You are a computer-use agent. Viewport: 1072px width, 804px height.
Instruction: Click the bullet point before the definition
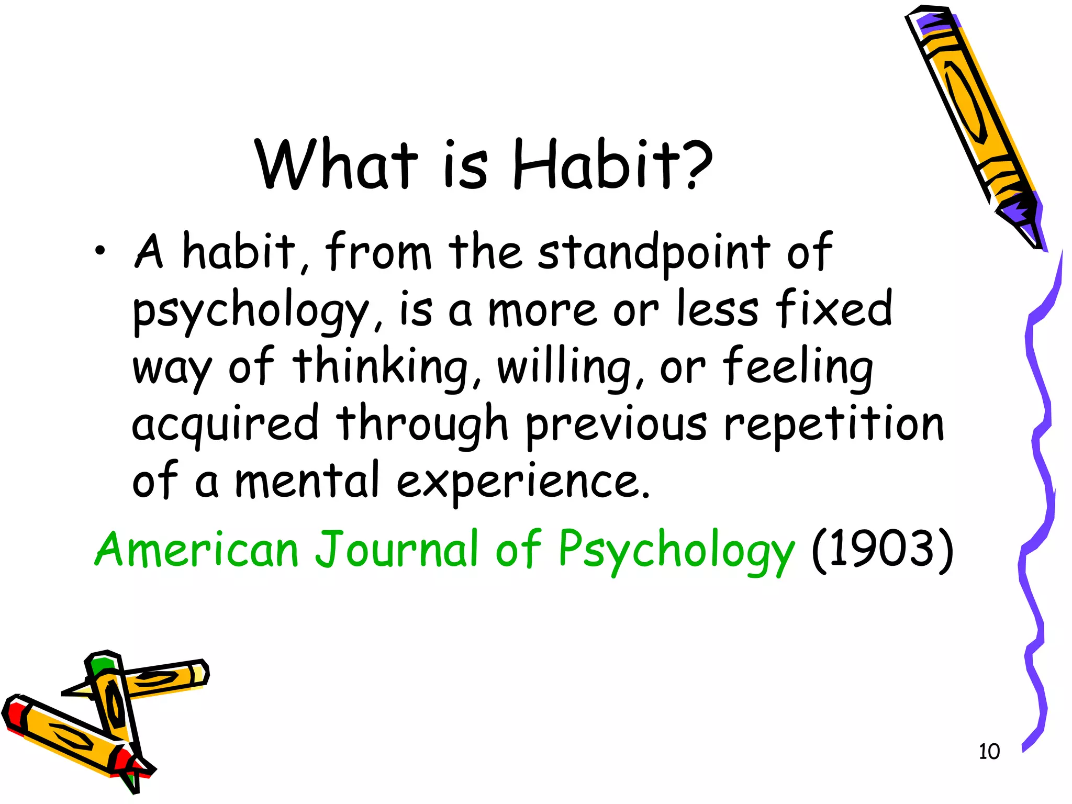tap(100, 253)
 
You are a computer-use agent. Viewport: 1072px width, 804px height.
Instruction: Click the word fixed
tap(834, 309)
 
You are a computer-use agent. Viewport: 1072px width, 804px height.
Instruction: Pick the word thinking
tap(379, 366)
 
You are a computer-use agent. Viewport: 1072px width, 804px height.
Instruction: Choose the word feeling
tap(798, 366)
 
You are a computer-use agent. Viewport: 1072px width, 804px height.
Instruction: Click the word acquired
tap(225, 424)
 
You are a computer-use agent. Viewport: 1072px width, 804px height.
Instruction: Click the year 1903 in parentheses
tap(882, 550)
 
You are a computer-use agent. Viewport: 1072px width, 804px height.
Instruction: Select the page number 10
tap(989, 752)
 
